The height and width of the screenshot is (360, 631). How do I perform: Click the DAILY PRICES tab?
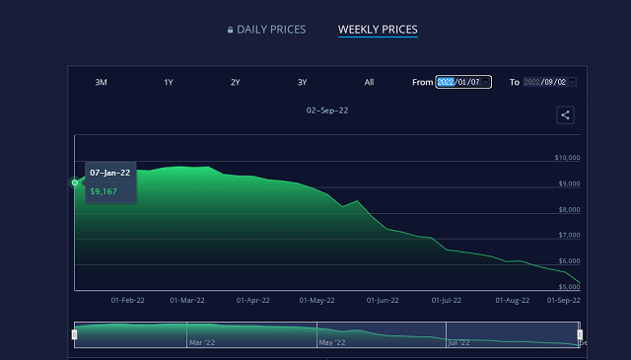click(266, 30)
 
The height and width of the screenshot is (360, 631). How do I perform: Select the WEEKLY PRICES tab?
click(378, 30)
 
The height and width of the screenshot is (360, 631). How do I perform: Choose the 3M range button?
click(101, 82)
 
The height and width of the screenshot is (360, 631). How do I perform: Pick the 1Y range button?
click(169, 82)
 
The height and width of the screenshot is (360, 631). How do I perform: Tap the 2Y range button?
click(235, 82)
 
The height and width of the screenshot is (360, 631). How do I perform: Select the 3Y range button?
click(302, 82)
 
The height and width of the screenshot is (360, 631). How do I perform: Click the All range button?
click(369, 82)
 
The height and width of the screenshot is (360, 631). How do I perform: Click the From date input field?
click(463, 82)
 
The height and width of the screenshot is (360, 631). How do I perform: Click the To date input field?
click(549, 82)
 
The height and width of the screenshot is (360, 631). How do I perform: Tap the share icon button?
click(565, 115)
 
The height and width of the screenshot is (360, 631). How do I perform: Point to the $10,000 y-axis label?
click(567, 158)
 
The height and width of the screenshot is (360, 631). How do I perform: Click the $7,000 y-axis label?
click(569, 235)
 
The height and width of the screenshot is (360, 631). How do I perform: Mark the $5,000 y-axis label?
click(569, 286)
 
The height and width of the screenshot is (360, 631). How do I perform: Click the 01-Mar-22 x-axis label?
click(187, 300)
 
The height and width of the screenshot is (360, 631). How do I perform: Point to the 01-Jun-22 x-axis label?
click(383, 300)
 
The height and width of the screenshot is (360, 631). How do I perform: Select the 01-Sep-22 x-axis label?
click(563, 300)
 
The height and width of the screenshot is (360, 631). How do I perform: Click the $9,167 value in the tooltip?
click(104, 191)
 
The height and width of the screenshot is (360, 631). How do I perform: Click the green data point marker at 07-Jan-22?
click(75, 182)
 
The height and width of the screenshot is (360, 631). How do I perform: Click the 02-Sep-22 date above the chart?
click(326, 110)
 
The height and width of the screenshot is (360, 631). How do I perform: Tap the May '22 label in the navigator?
click(332, 342)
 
